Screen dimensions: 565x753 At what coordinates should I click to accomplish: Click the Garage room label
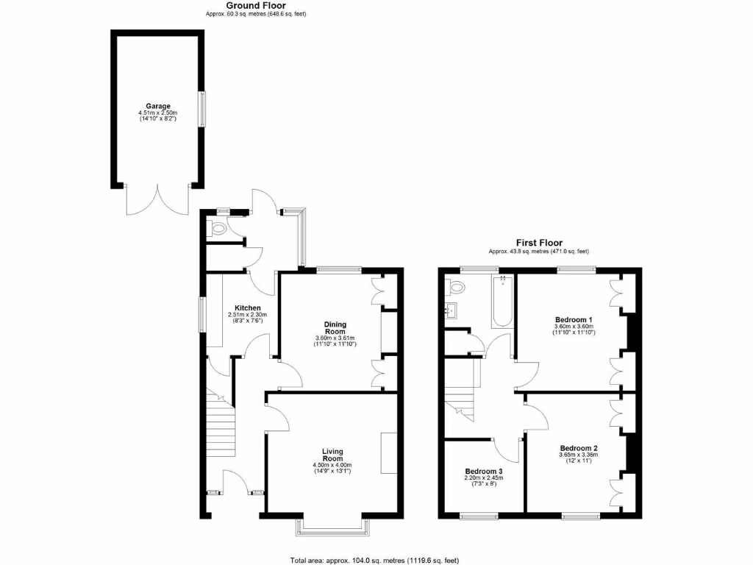click(x=158, y=106)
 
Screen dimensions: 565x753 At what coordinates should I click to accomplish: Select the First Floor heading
click(x=540, y=243)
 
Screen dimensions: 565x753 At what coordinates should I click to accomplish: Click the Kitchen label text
click(x=248, y=308)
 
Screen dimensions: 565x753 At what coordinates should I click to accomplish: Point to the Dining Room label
click(x=335, y=327)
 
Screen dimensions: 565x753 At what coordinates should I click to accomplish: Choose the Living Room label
click(x=332, y=455)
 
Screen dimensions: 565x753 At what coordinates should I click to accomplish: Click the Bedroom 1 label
click(x=574, y=319)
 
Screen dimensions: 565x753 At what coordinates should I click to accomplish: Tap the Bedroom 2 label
click(x=579, y=448)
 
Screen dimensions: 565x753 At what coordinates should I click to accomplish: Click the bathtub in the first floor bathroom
click(x=502, y=301)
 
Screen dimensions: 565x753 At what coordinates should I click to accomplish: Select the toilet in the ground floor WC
click(x=218, y=229)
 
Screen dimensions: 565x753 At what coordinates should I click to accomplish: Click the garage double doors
click(x=157, y=199)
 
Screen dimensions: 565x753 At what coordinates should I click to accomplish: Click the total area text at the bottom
click(x=375, y=560)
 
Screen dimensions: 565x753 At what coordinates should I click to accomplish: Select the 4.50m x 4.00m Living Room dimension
click(x=332, y=465)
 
